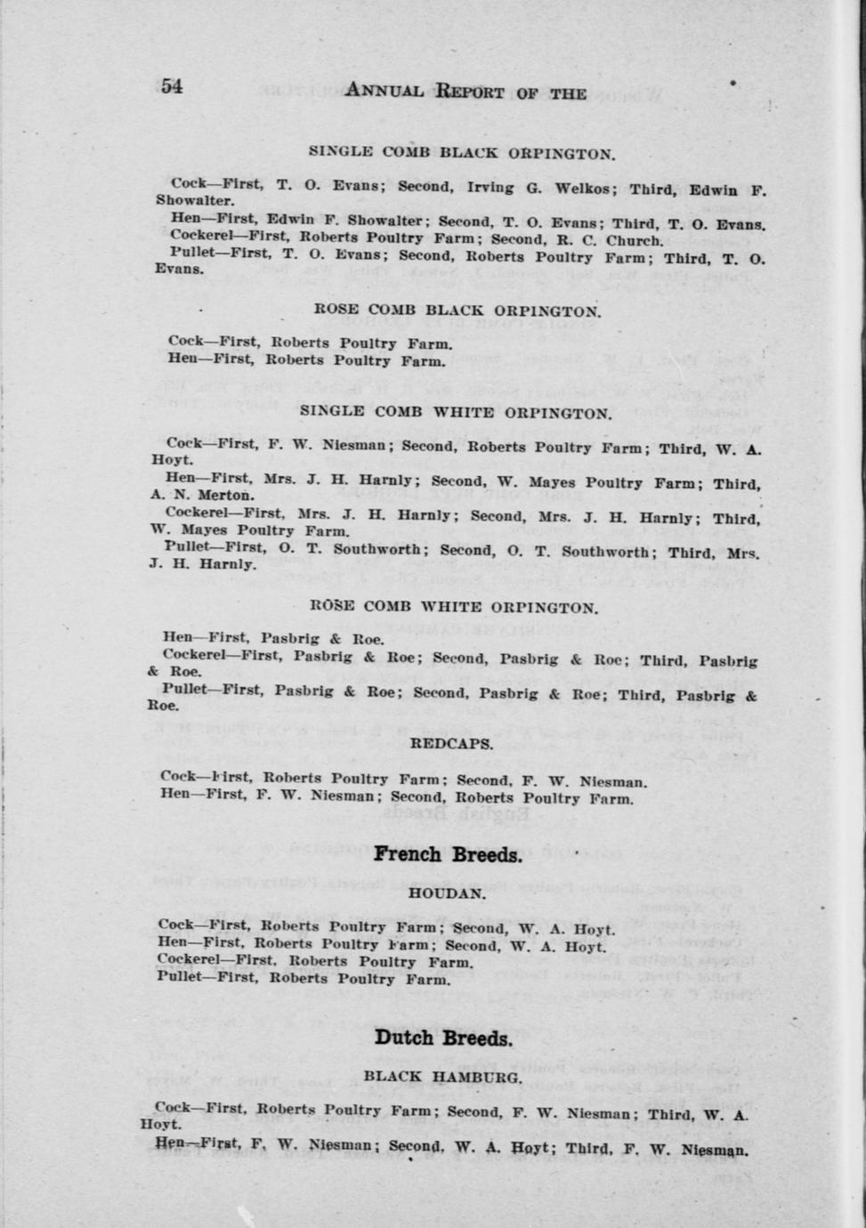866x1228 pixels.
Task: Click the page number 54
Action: [x=172, y=86]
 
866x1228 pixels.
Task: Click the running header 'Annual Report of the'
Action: [x=465, y=92]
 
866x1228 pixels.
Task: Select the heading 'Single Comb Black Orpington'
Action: [x=461, y=152]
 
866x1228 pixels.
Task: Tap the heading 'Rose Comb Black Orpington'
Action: [x=457, y=311]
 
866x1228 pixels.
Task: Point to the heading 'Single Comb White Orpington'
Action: [x=456, y=412]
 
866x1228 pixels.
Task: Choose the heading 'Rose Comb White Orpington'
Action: [x=453, y=608]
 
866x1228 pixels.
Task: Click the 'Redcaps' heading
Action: [x=451, y=744]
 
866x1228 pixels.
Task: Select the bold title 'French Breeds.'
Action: [x=447, y=854]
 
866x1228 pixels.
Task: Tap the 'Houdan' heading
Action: [x=447, y=893]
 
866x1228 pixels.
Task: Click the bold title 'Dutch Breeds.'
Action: [x=443, y=1038]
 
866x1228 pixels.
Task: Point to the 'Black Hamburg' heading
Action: [x=442, y=1077]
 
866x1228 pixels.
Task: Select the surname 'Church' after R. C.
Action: [x=634, y=240]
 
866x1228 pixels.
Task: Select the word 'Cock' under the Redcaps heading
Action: [x=178, y=776]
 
